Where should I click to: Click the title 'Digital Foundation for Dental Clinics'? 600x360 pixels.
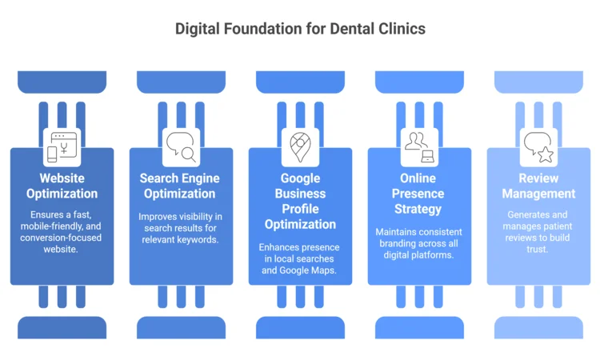click(x=300, y=29)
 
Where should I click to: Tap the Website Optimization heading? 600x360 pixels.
click(x=62, y=186)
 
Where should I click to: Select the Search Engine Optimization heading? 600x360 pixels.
click(x=181, y=186)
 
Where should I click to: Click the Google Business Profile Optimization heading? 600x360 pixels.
click(x=300, y=201)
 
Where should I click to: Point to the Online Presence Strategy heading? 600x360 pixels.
click(x=419, y=193)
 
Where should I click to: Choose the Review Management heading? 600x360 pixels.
click(x=538, y=186)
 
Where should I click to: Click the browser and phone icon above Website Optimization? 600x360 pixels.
click(x=62, y=147)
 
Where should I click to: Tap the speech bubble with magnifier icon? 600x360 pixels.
click(x=181, y=147)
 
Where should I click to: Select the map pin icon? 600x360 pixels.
click(x=300, y=147)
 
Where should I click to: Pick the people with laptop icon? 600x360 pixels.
click(x=419, y=147)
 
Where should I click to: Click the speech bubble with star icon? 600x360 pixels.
click(x=538, y=147)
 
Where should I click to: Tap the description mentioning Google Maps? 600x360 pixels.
click(x=300, y=258)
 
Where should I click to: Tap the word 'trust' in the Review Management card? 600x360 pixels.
click(x=538, y=250)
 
